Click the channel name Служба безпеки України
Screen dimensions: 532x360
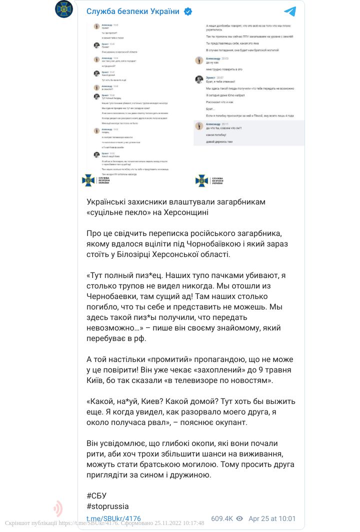coord(132,11)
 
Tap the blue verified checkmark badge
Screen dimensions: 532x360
coord(188,11)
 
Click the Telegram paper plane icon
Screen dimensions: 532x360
coord(289,11)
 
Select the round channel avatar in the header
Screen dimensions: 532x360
coord(64,10)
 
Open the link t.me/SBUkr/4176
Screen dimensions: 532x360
coord(113,518)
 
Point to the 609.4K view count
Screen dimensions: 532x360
coord(222,518)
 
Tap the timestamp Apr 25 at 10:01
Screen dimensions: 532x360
coord(272,518)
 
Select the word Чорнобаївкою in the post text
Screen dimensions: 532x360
coord(221,243)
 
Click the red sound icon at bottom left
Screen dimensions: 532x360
coord(58,508)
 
